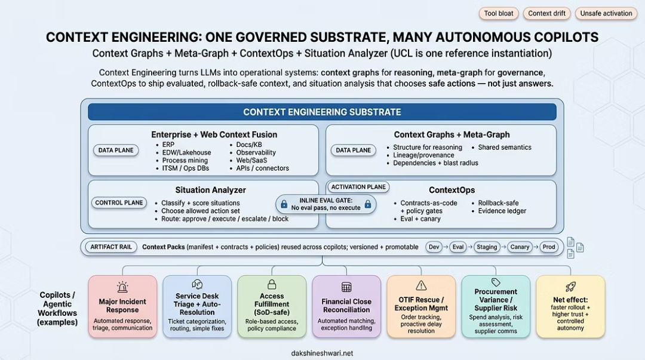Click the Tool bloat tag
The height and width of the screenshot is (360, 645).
[x=499, y=14]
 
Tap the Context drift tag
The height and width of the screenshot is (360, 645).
[x=546, y=14]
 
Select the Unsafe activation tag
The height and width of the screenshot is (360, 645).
[x=606, y=14]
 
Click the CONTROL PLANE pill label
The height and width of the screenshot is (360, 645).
[x=119, y=203]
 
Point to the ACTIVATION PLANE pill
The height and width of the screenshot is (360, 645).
[x=358, y=187]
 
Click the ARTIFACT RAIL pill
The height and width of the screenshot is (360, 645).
[x=111, y=247]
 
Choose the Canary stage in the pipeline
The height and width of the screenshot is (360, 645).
[x=520, y=247]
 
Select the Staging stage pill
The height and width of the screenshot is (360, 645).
[x=487, y=247]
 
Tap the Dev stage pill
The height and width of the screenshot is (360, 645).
[x=434, y=247]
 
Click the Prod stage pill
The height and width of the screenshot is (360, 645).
[x=549, y=247]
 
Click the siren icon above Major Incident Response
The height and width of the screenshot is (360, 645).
[x=122, y=287]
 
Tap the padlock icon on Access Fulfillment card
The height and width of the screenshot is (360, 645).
[x=272, y=284]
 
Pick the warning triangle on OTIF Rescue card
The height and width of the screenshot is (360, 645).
[x=421, y=285]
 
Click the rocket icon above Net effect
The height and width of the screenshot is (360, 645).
[x=570, y=287]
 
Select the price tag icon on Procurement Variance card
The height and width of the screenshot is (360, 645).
[x=496, y=282]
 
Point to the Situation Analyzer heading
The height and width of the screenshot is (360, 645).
[x=211, y=190]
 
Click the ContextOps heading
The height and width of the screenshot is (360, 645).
[x=451, y=190]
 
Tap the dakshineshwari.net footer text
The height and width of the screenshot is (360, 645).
[x=322, y=353]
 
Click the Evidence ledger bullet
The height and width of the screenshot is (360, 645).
[x=502, y=211]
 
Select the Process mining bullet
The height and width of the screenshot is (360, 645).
[x=185, y=161]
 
